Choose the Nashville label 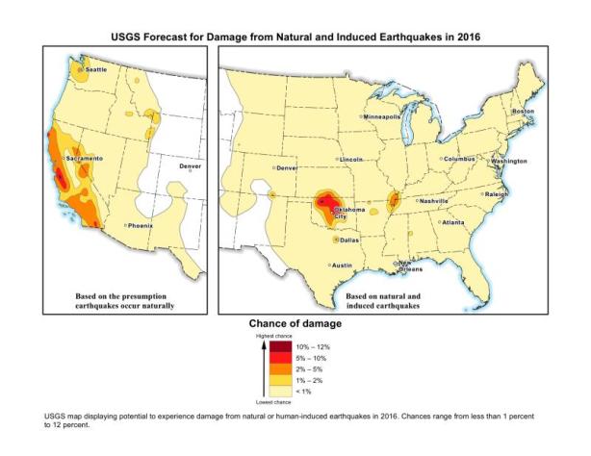tap(434, 200)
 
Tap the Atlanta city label tap(453, 221)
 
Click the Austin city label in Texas tap(343, 264)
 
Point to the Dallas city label tap(348, 240)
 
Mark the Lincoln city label tap(351, 159)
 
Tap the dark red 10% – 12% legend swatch tap(281, 345)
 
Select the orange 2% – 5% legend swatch tap(281, 367)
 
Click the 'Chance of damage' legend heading tap(294, 322)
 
